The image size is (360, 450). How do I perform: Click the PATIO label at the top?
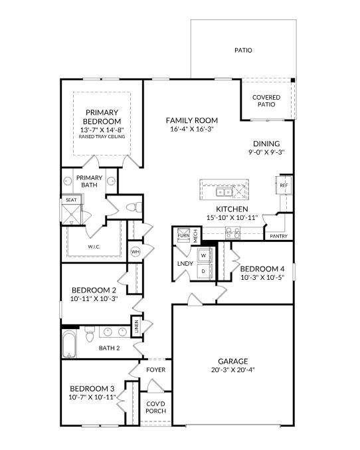coord(243,51)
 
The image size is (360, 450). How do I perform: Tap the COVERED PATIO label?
coord(266,101)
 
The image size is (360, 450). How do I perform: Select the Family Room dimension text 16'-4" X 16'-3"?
coord(192,129)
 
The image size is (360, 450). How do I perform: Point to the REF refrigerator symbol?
coord(284,185)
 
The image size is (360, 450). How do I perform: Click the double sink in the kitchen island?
coord(224,192)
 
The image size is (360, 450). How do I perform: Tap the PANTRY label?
coord(278,236)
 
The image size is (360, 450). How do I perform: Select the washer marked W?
coord(203,255)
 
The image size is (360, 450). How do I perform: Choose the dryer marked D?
coord(203,271)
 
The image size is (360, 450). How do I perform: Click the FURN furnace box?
coord(183,235)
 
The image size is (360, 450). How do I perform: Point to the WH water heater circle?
coord(135,252)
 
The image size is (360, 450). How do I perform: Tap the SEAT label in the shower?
coord(71,200)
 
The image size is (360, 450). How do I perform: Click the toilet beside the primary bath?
coord(134,207)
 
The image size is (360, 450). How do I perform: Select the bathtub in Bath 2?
coord(69,345)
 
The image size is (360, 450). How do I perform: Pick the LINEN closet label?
coord(137,326)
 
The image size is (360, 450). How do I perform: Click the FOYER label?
coord(156,370)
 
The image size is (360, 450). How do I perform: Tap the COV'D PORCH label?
coord(156,407)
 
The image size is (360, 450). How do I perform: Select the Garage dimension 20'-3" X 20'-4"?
coord(233,370)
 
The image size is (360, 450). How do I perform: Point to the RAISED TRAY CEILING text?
coord(102,137)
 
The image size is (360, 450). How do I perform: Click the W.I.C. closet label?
coord(94,247)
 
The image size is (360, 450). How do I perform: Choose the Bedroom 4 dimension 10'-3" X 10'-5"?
coord(262,278)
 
